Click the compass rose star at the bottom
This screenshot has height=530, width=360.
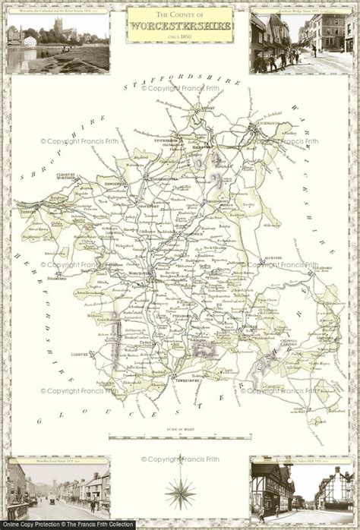[180, 493]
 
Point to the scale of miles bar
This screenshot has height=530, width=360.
[180, 437]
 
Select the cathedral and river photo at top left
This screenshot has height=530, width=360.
[58, 43]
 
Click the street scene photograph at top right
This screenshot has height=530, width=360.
[302, 43]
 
